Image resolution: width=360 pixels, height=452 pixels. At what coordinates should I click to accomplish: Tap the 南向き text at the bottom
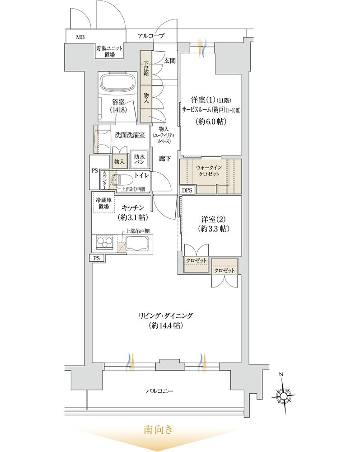point(158,430)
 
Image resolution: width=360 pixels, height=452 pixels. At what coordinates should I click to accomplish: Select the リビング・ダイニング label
point(166,316)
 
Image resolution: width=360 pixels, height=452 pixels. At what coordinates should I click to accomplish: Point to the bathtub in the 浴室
point(117,83)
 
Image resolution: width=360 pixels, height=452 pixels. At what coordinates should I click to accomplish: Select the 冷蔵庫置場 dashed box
point(103,203)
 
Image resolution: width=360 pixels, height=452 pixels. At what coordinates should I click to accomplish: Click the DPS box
point(187,191)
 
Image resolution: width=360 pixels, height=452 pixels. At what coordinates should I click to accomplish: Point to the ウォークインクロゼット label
point(209,171)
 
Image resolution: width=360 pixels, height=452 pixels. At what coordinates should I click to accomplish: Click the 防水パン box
point(139,160)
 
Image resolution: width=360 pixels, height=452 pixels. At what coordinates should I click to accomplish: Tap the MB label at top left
point(80,37)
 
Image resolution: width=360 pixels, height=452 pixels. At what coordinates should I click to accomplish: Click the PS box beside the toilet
point(94,172)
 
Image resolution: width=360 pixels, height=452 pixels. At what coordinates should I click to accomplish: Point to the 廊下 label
point(164,159)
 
